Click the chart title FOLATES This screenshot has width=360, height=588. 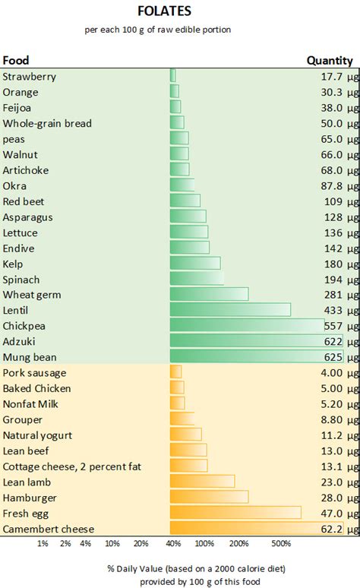180,11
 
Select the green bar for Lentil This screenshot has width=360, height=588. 230,310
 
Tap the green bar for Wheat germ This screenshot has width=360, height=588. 209,295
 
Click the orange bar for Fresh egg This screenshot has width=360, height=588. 235,513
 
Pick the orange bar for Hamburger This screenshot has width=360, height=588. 209,497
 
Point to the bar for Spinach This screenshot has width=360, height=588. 197,279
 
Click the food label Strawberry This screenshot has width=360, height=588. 30,77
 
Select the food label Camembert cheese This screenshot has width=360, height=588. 49,529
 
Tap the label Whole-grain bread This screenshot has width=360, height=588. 47,123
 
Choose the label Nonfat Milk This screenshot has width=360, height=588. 30,404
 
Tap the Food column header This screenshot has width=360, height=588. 16,60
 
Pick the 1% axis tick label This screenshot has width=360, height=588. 43,544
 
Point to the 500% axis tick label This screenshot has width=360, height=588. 281,544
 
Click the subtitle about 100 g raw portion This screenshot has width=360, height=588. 180,30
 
